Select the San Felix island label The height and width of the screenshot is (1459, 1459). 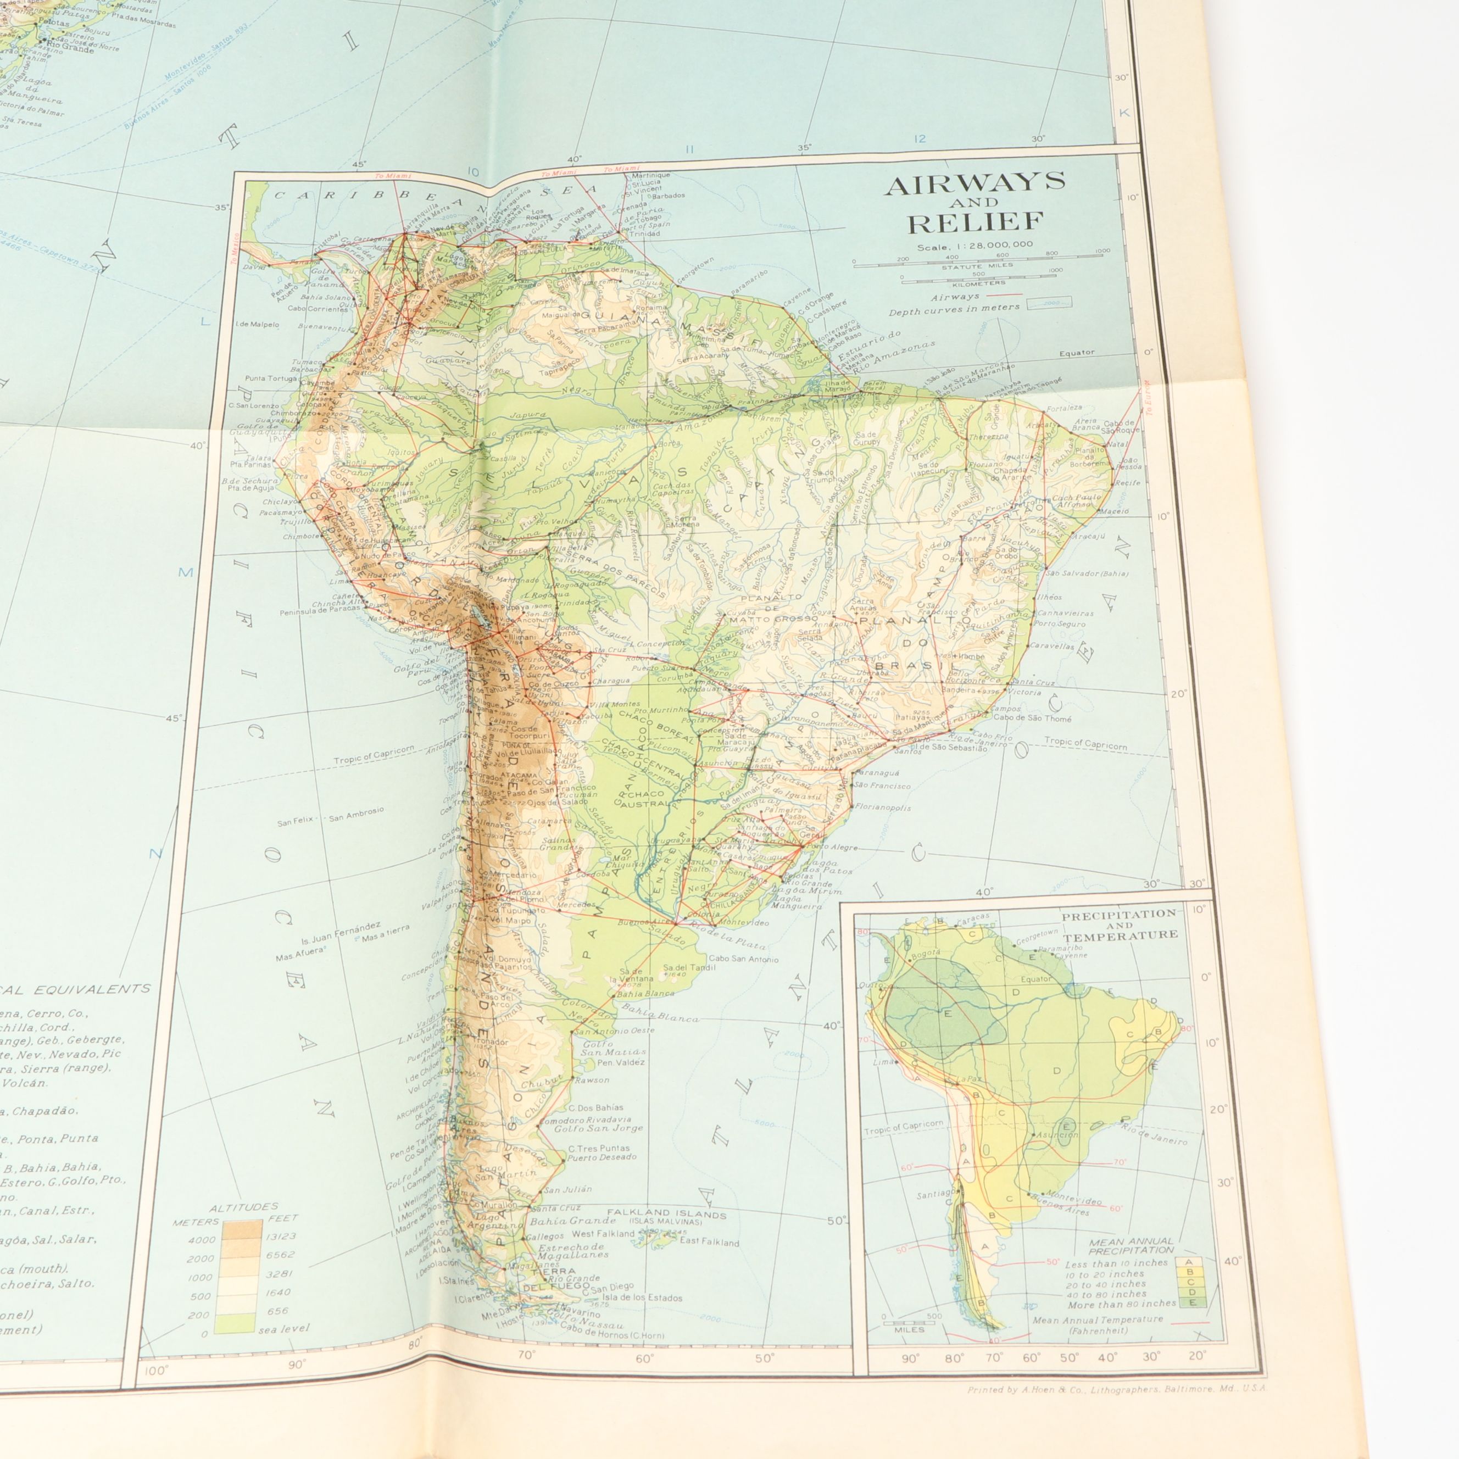pyautogui.click(x=294, y=822)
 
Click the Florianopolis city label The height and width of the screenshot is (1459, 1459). pyautogui.click(x=882, y=808)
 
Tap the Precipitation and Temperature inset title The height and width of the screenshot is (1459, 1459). pyautogui.click(x=1119, y=925)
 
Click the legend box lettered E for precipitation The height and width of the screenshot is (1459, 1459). pyautogui.click(x=1190, y=1302)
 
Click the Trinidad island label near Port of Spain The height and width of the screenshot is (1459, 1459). pyautogui.click(x=643, y=233)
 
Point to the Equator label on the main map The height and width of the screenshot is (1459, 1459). pyautogui.click(x=1076, y=353)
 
